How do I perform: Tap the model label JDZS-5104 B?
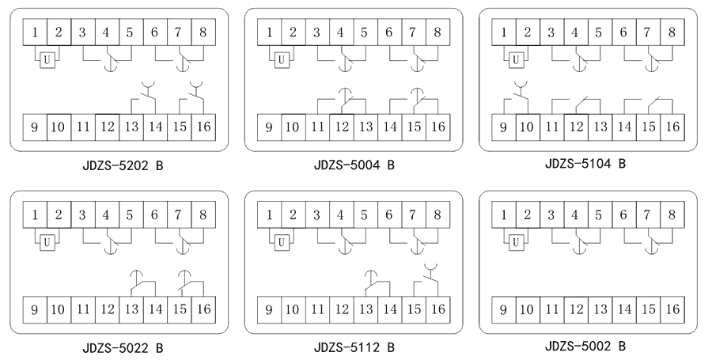coord(585,164)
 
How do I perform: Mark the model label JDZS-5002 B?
coord(585,345)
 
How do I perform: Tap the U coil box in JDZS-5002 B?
coord(516,240)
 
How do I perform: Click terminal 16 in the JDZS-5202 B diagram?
coord(203,127)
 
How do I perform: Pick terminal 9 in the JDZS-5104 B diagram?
coord(504,125)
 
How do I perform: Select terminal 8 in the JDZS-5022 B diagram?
coord(203,214)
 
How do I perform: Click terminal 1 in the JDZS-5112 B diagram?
coord(271,214)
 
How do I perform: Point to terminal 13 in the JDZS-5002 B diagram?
coord(600,307)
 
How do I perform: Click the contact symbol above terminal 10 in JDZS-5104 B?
coord(518,91)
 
